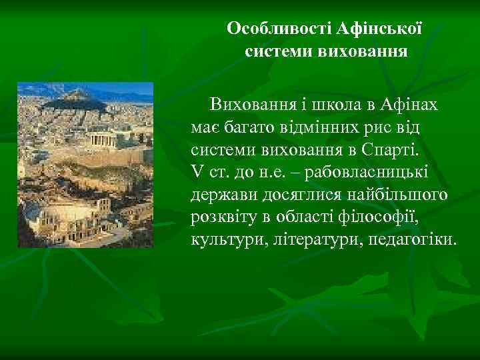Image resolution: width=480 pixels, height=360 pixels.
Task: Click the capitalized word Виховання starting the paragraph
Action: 243,105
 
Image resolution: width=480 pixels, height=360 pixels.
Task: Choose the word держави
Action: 220,194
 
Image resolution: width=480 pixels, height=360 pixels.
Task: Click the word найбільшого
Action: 394,194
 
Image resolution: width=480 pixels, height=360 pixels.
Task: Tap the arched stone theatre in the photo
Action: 63,217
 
